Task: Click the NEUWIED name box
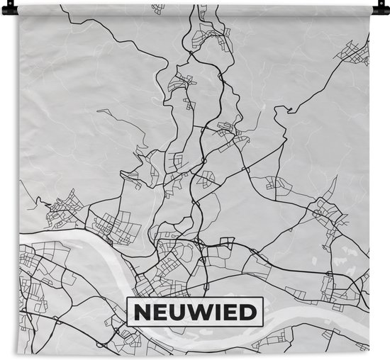(x=194, y=310)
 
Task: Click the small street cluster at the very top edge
(x=157, y=9)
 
